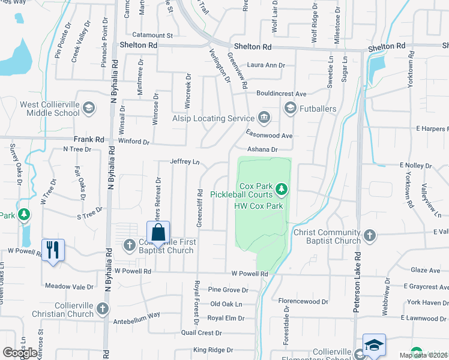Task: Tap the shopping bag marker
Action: [x=158, y=233]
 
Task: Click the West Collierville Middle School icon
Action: [x=89, y=108]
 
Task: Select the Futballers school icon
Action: [x=291, y=108]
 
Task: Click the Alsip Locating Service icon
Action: [x=263, y=117]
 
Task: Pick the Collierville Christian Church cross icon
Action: [x=103, y=309]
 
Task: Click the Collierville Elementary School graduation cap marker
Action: [x=374, y=346]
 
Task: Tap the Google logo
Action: [x=20, y=352]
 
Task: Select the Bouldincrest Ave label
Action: [x=281, y=94]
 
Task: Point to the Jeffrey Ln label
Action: [x=184, y=161]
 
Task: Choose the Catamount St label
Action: [x=152, y=35]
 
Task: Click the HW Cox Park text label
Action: [x=258, y=206]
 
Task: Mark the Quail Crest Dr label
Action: [x=202, y=333]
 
